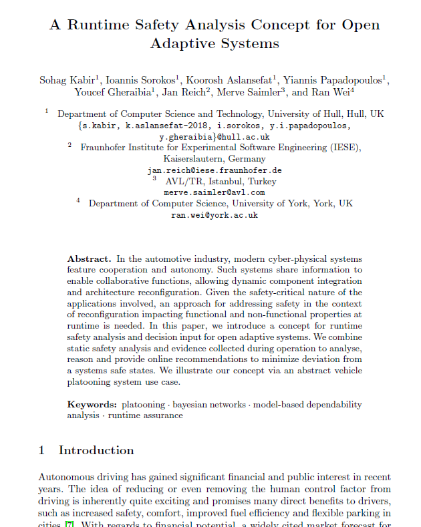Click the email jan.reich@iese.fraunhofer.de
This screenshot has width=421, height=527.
(x=215, y=170)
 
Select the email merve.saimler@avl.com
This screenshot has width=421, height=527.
(x=215, y=192)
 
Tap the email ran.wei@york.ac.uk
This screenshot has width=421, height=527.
(x=215, y=215)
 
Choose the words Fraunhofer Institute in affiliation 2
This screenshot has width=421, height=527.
(x=120, y=148)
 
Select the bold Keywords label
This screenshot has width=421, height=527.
(x=92, y=405)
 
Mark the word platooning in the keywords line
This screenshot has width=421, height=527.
(x=144, y=405)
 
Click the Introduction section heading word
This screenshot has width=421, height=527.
(x=96, y=450)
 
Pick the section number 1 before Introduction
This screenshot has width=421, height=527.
(x=42, y=450)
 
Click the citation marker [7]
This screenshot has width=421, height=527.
(x=69, y=524)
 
